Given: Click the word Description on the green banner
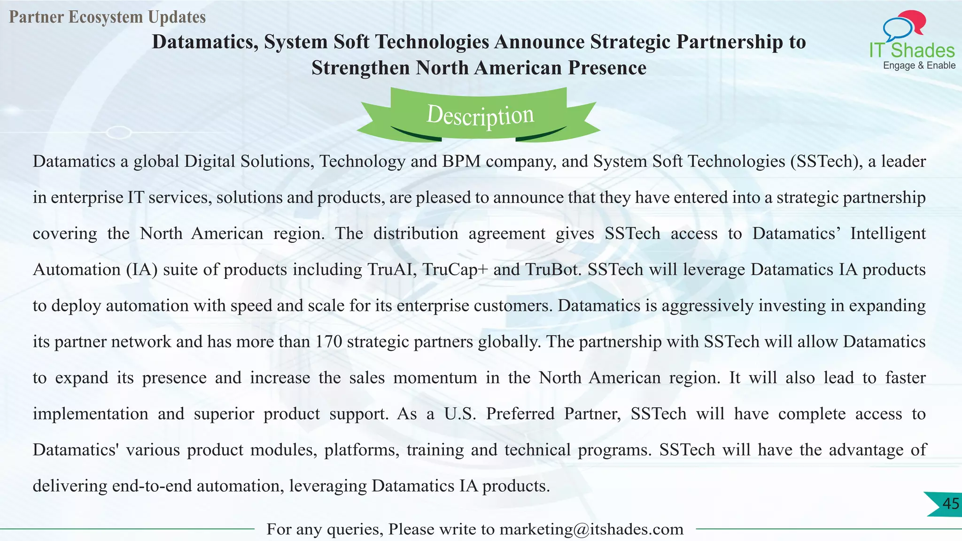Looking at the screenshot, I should click(480, 116).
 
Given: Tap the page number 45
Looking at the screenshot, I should click(950, 504).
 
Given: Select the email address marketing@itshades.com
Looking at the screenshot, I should click(591, 529).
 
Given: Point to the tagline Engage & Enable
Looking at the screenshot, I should click(919, 66).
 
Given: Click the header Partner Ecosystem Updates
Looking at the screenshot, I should click(107, 17).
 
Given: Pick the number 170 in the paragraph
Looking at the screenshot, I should click(328, 342).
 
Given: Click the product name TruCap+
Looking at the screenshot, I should click(455, 270).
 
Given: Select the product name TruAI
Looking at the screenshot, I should click(392, 270).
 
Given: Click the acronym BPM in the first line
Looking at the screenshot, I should click(461, 162).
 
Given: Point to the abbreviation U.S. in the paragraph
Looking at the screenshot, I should click(460, 414).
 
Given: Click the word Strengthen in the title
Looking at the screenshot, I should click(360, 68).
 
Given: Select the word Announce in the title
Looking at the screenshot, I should click(539, 42).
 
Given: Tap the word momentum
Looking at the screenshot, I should click(435, 378).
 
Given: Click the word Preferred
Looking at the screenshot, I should click(520, 414).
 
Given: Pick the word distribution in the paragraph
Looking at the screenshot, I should click(416, 234).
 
